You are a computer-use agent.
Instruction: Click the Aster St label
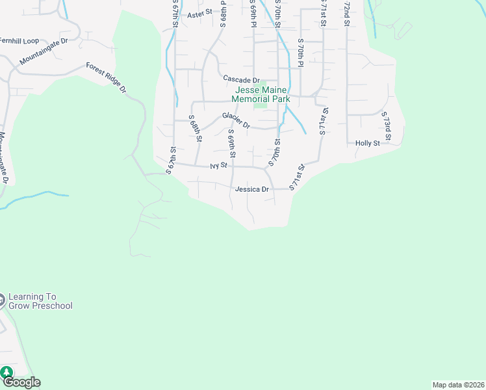[199, 13]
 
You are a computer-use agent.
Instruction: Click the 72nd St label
[347, 14]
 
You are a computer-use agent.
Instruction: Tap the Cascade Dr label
[241, 79]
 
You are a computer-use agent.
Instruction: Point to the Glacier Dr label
[236, 120]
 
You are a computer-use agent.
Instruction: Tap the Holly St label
[367, 143]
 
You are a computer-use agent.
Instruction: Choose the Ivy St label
[218, 166]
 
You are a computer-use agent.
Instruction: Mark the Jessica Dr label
[252, 189]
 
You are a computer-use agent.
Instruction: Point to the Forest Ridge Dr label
[106, 78]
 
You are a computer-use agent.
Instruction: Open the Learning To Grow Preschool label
[41, 300]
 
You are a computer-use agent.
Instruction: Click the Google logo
[21, 382]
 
